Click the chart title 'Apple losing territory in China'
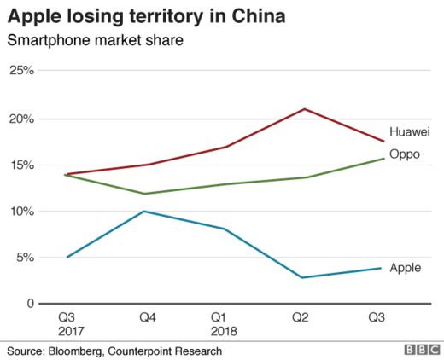tap(147, 16)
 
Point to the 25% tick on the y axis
tap(20, 71)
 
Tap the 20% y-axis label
tap(20, 118)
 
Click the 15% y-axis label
tap(20, 165)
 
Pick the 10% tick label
tap(20, 211)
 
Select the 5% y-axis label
tap(23, 257)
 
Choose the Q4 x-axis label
tap(148, 317)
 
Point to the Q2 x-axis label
tap(301, 317)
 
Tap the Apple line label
tap(405, 268)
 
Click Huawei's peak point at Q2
tap(303, 109)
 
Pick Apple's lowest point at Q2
tap(301, 277)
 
